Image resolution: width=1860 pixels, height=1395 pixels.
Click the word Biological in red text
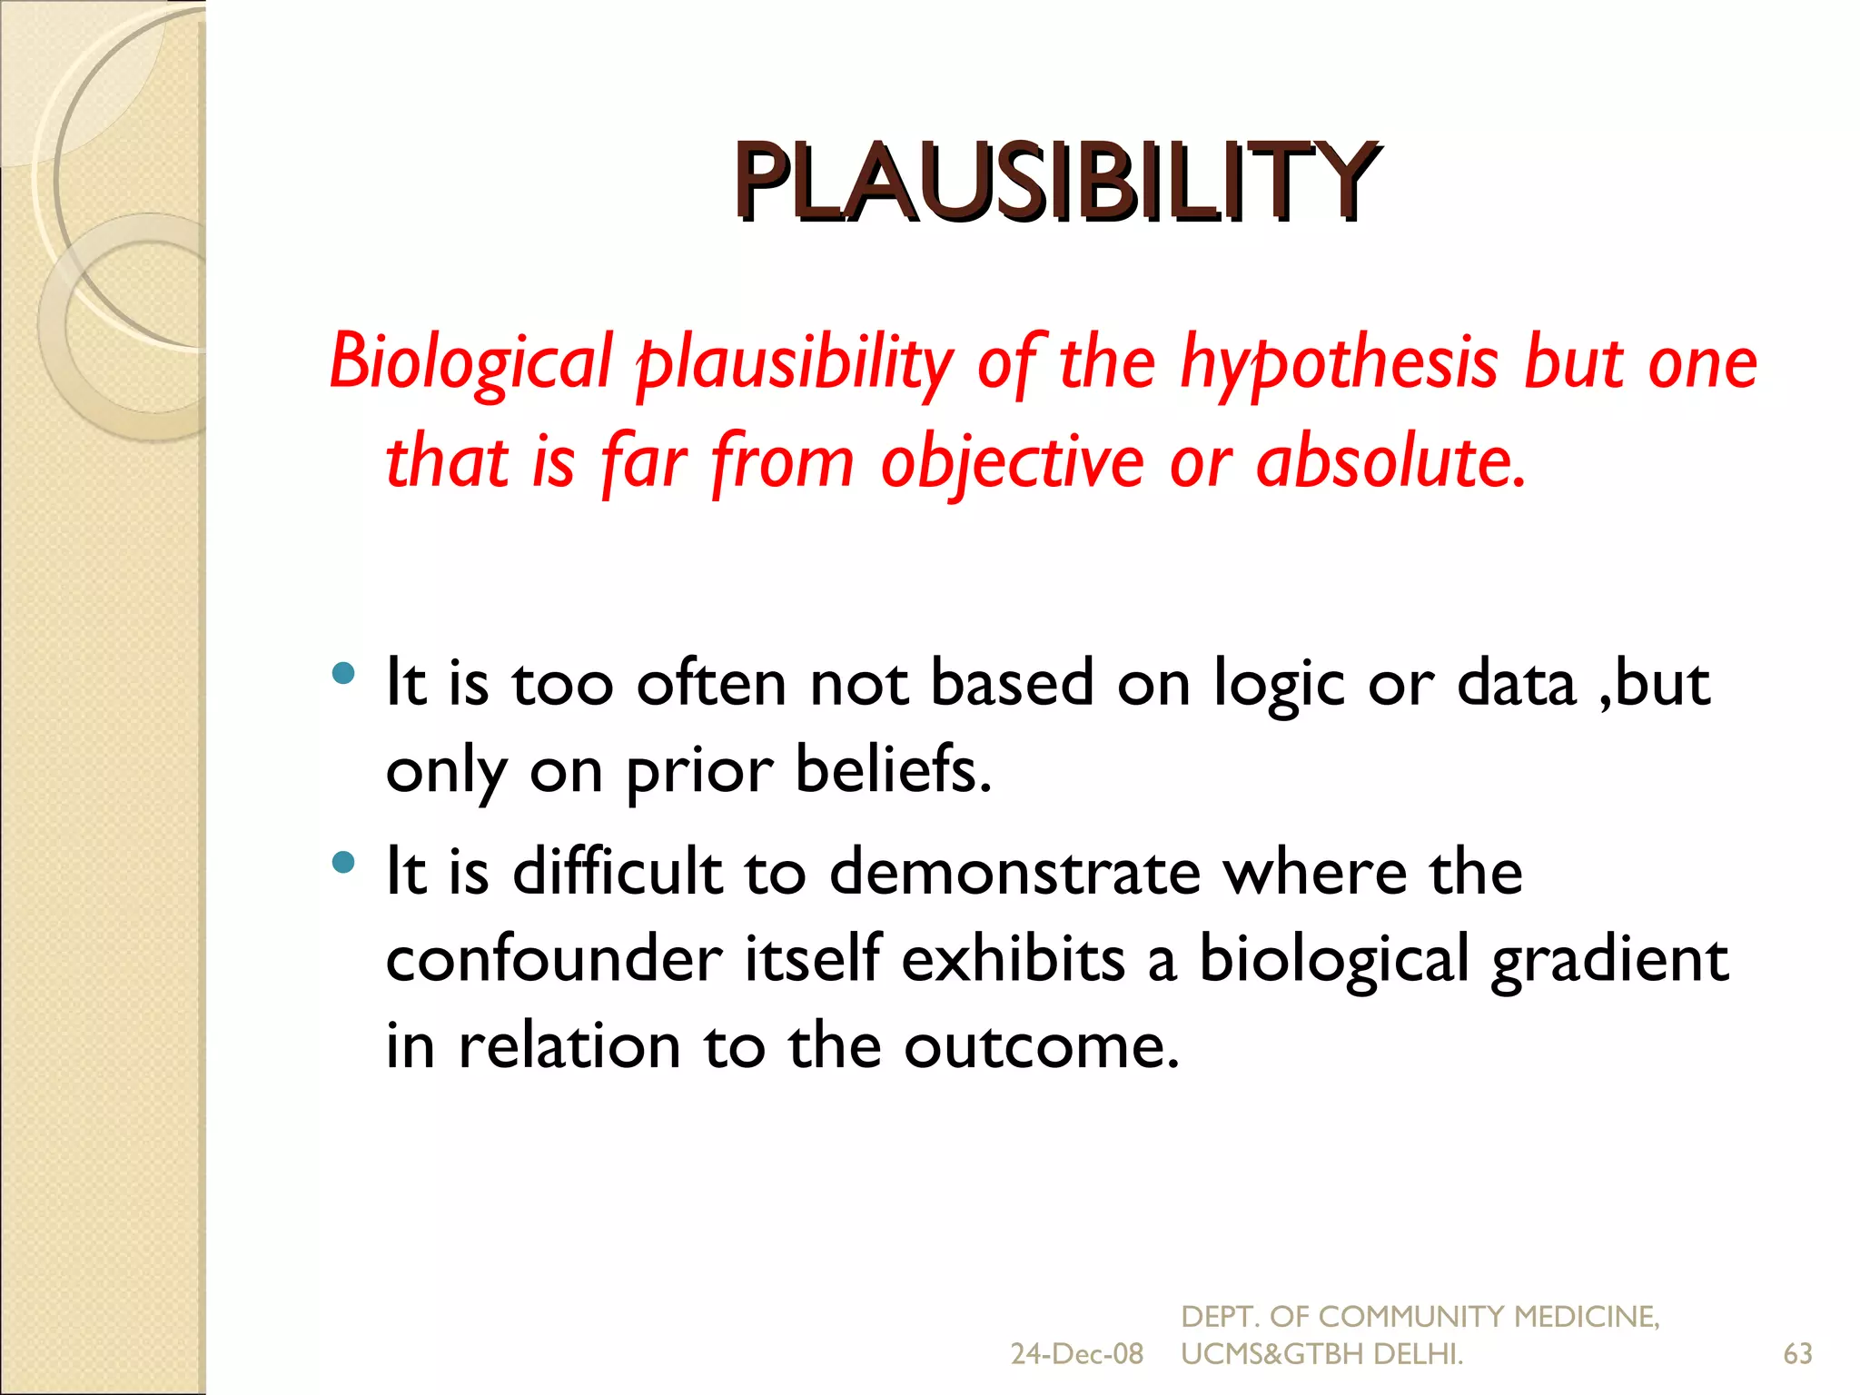(x=470, y=361)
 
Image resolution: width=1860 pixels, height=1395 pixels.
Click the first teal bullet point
(x=343, y=673)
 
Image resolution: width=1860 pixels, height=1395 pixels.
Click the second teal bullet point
(x=343, y=862)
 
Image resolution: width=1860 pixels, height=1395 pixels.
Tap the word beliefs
(x=893, y=769)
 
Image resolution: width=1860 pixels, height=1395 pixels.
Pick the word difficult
(x=617, y=871)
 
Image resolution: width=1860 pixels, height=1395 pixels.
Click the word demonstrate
(x=1014, y=871)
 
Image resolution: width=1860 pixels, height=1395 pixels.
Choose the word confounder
(x=554, y=958)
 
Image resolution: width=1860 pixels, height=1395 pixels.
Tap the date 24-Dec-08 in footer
(x=1076, y=1354)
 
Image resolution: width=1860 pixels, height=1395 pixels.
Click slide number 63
(x=1797, y=1354)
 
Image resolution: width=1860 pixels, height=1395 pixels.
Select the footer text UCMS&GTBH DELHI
(x=1321, y=1354)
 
